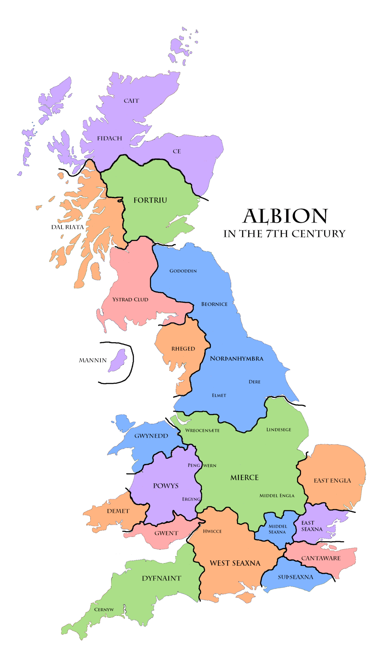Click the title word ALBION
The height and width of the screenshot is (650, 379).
point(285,216)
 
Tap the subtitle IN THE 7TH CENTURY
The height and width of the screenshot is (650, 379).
point(284,234)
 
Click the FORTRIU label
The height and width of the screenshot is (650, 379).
point(150,200)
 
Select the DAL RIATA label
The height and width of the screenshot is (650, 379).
point(67,227)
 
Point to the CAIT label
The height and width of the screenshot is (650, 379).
point(131,101)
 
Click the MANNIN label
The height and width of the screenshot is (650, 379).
point(92,360)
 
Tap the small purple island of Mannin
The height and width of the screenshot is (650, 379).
point(119,360)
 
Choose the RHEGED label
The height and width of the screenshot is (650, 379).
point(183,348)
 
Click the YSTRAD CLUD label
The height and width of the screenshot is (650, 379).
point(130,299)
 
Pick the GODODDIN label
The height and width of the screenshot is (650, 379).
point(183,271)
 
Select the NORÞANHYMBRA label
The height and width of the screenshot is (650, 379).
point(236,358)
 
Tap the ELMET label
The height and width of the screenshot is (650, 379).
point(219,395)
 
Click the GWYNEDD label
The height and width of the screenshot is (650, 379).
point(151,436)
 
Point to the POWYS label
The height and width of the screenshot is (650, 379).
point(166,485)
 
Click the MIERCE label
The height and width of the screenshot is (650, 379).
point(244,477)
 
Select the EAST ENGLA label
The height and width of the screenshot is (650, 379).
point(332,480)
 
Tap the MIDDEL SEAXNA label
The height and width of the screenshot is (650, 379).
point(277,529)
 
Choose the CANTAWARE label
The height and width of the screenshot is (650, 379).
point(321,558)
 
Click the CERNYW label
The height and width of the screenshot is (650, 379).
point(104,609)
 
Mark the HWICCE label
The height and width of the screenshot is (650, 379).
point(212,531)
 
